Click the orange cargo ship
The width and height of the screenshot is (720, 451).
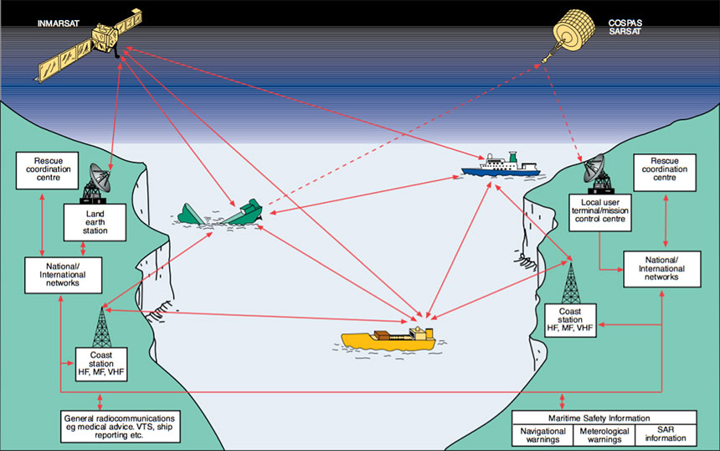(x=388, y=339)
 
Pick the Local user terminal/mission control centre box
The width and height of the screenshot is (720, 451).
(x=597, y=212)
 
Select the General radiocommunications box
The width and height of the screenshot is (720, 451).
(x=121, y=426)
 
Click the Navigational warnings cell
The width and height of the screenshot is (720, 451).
(x=542, y=433)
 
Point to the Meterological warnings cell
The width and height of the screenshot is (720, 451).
(x=604, y=433)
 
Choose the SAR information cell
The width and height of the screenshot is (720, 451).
(x=665, y=433)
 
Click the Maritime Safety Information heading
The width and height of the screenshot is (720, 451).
(x=603, y=417)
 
